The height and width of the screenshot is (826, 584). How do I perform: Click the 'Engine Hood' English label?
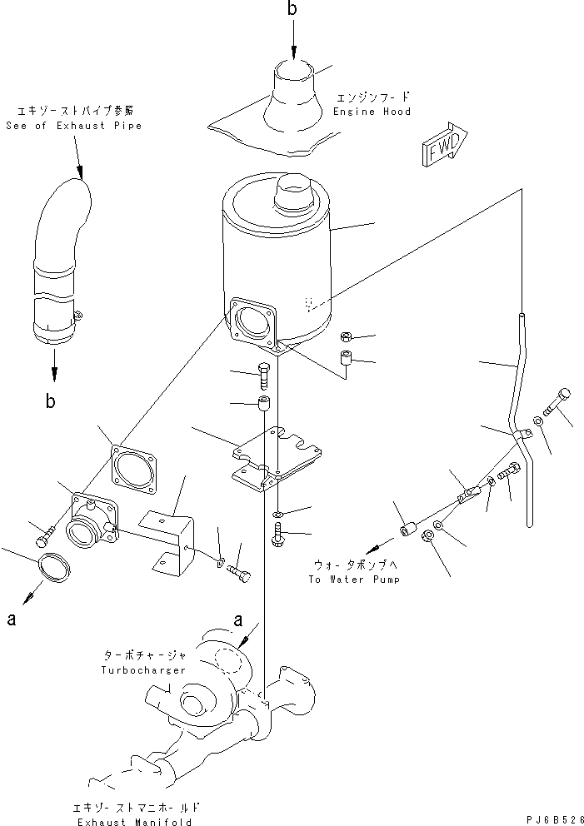click(371, 112)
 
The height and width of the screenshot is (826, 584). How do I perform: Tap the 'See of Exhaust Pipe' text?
click(73, 126)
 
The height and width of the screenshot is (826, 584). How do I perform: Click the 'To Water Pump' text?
click(353, 579)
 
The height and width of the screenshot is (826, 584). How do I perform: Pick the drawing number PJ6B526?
click(553, 818)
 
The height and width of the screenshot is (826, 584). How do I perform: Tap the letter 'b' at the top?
click(292, 9)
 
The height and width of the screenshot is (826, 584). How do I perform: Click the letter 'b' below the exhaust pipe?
click(52, 401)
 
